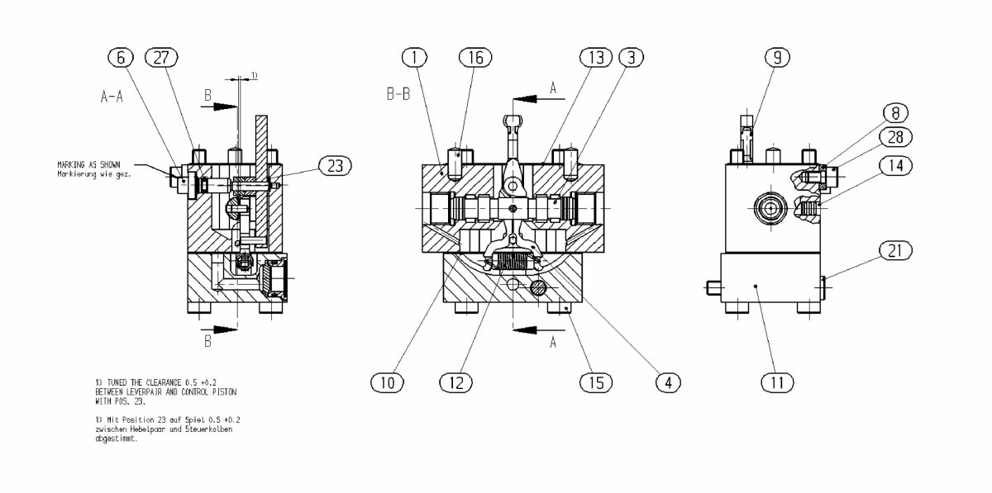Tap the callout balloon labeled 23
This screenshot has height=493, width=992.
tap(335, 166)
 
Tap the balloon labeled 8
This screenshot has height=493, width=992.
tap(894, 112)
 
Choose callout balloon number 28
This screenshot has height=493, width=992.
tap(896, 136)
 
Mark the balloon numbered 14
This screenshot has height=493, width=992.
tap(896, 164)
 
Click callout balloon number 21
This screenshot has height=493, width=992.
tap(894, 250)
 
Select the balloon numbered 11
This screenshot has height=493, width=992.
tap(778, 382)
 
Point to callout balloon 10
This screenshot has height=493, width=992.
tap(387, 382)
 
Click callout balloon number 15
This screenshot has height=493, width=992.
tap(597, 382)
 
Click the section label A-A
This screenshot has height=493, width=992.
tap(112, 97)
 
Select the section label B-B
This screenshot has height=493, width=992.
tap(399, 95)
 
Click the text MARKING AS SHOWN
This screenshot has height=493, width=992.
tap(88, 164)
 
